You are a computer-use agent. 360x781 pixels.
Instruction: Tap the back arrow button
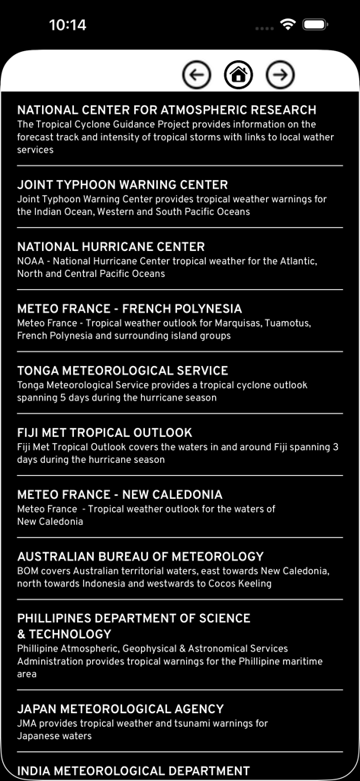(x=197, y=75)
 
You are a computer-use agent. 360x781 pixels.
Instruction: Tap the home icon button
(x=238, y=75)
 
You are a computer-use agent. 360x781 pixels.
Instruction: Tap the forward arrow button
(x=280, y=75)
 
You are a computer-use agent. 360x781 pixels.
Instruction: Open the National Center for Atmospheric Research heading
(x=166, y=111)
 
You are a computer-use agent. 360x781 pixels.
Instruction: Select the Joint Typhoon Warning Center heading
(x=122, y=185)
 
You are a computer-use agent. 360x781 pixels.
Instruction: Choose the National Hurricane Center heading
(x=111, y=247)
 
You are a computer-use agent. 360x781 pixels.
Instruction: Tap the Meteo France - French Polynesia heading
(x=129, y=309)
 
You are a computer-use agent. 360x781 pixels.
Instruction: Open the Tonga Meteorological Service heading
(x=122, y=371)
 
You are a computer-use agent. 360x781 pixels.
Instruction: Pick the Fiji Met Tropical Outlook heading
(x=104, y=432)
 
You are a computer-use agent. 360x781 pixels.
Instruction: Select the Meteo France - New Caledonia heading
(x=120, y=494)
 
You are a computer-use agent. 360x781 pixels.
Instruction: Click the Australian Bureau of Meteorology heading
(x=140, y=557)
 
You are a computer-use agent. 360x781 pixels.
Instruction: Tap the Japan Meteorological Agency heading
(x=121, y=709)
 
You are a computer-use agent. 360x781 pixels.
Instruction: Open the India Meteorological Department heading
(x=133, y=770)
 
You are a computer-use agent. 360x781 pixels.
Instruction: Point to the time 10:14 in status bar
(x=67, y=25)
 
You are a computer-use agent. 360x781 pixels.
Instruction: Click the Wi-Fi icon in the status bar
(x=288, y=24)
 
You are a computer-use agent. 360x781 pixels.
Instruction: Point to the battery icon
(x=316, y=24)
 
